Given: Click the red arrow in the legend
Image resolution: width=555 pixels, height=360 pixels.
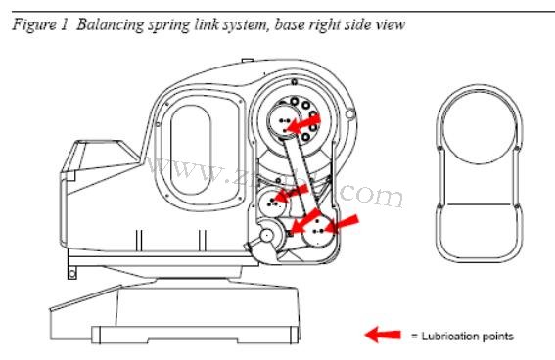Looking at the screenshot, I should coord(384,336).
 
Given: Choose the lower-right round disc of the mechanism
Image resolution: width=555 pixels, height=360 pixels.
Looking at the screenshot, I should coord(317,234).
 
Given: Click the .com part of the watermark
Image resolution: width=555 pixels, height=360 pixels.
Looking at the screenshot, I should coord(372,196).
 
